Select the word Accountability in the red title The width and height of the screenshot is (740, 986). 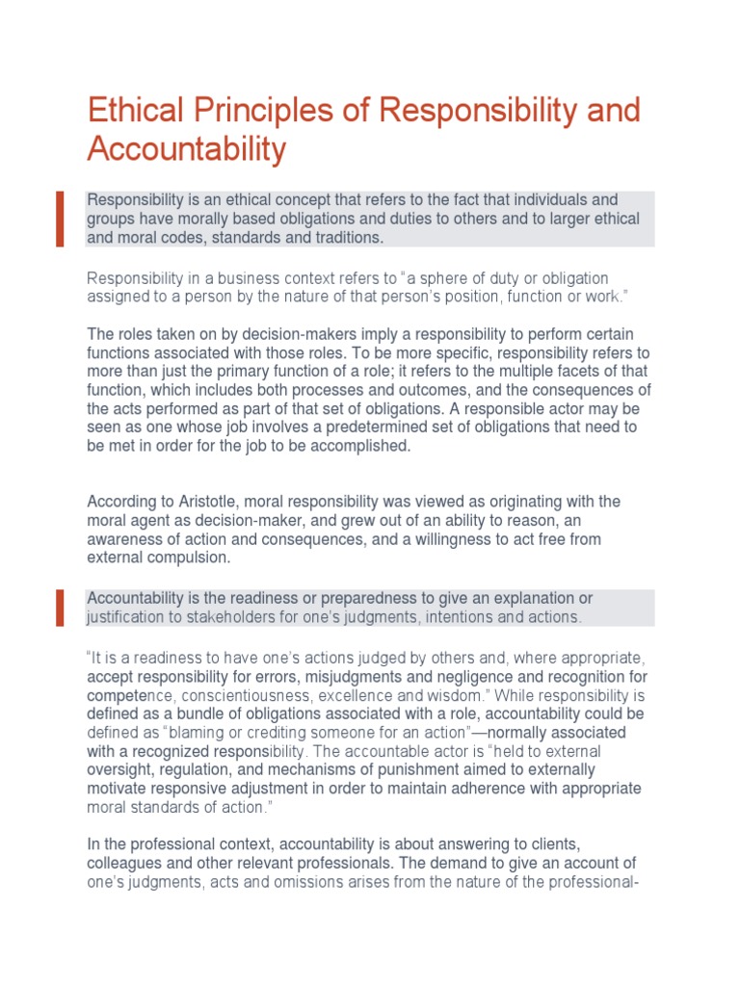click(186, 150)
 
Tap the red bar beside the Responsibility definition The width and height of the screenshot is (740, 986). click(60, 219)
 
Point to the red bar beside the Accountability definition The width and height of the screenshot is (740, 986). click(60, 608)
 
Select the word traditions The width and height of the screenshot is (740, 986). click(346, 238)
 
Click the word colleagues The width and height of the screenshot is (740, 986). click(125, 863)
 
